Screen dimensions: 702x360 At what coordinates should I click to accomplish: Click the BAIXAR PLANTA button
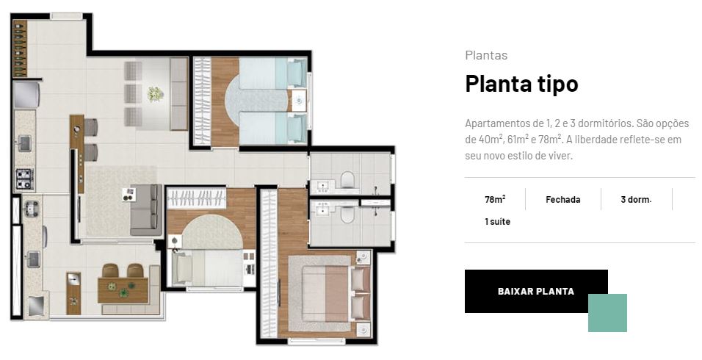[536, 291]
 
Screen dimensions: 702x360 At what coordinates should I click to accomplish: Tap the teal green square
[607, 313]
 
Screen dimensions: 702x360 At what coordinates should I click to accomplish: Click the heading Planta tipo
[521, 84]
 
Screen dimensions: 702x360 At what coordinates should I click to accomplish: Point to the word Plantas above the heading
[486, 56]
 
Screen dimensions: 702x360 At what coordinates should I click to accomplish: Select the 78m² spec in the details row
[495, 199]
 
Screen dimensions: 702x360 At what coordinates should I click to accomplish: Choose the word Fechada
[562, 200]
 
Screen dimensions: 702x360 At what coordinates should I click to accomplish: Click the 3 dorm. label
[636, 200]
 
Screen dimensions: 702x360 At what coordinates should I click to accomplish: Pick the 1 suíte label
[497, 222]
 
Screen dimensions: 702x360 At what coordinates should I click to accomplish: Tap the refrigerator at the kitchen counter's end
[27, 95]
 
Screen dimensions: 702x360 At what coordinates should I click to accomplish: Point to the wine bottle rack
[20, 48]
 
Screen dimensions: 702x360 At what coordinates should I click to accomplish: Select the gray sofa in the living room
[146, 209]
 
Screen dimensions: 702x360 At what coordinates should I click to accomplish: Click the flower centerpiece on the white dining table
[156, 93]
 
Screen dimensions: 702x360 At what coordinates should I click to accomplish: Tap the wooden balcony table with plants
[123, 290]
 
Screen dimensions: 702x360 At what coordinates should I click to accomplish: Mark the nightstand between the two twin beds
[298, 101]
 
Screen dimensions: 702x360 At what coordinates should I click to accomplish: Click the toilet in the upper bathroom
[347, 180]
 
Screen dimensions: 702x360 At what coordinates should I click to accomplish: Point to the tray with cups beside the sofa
[129, 194]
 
